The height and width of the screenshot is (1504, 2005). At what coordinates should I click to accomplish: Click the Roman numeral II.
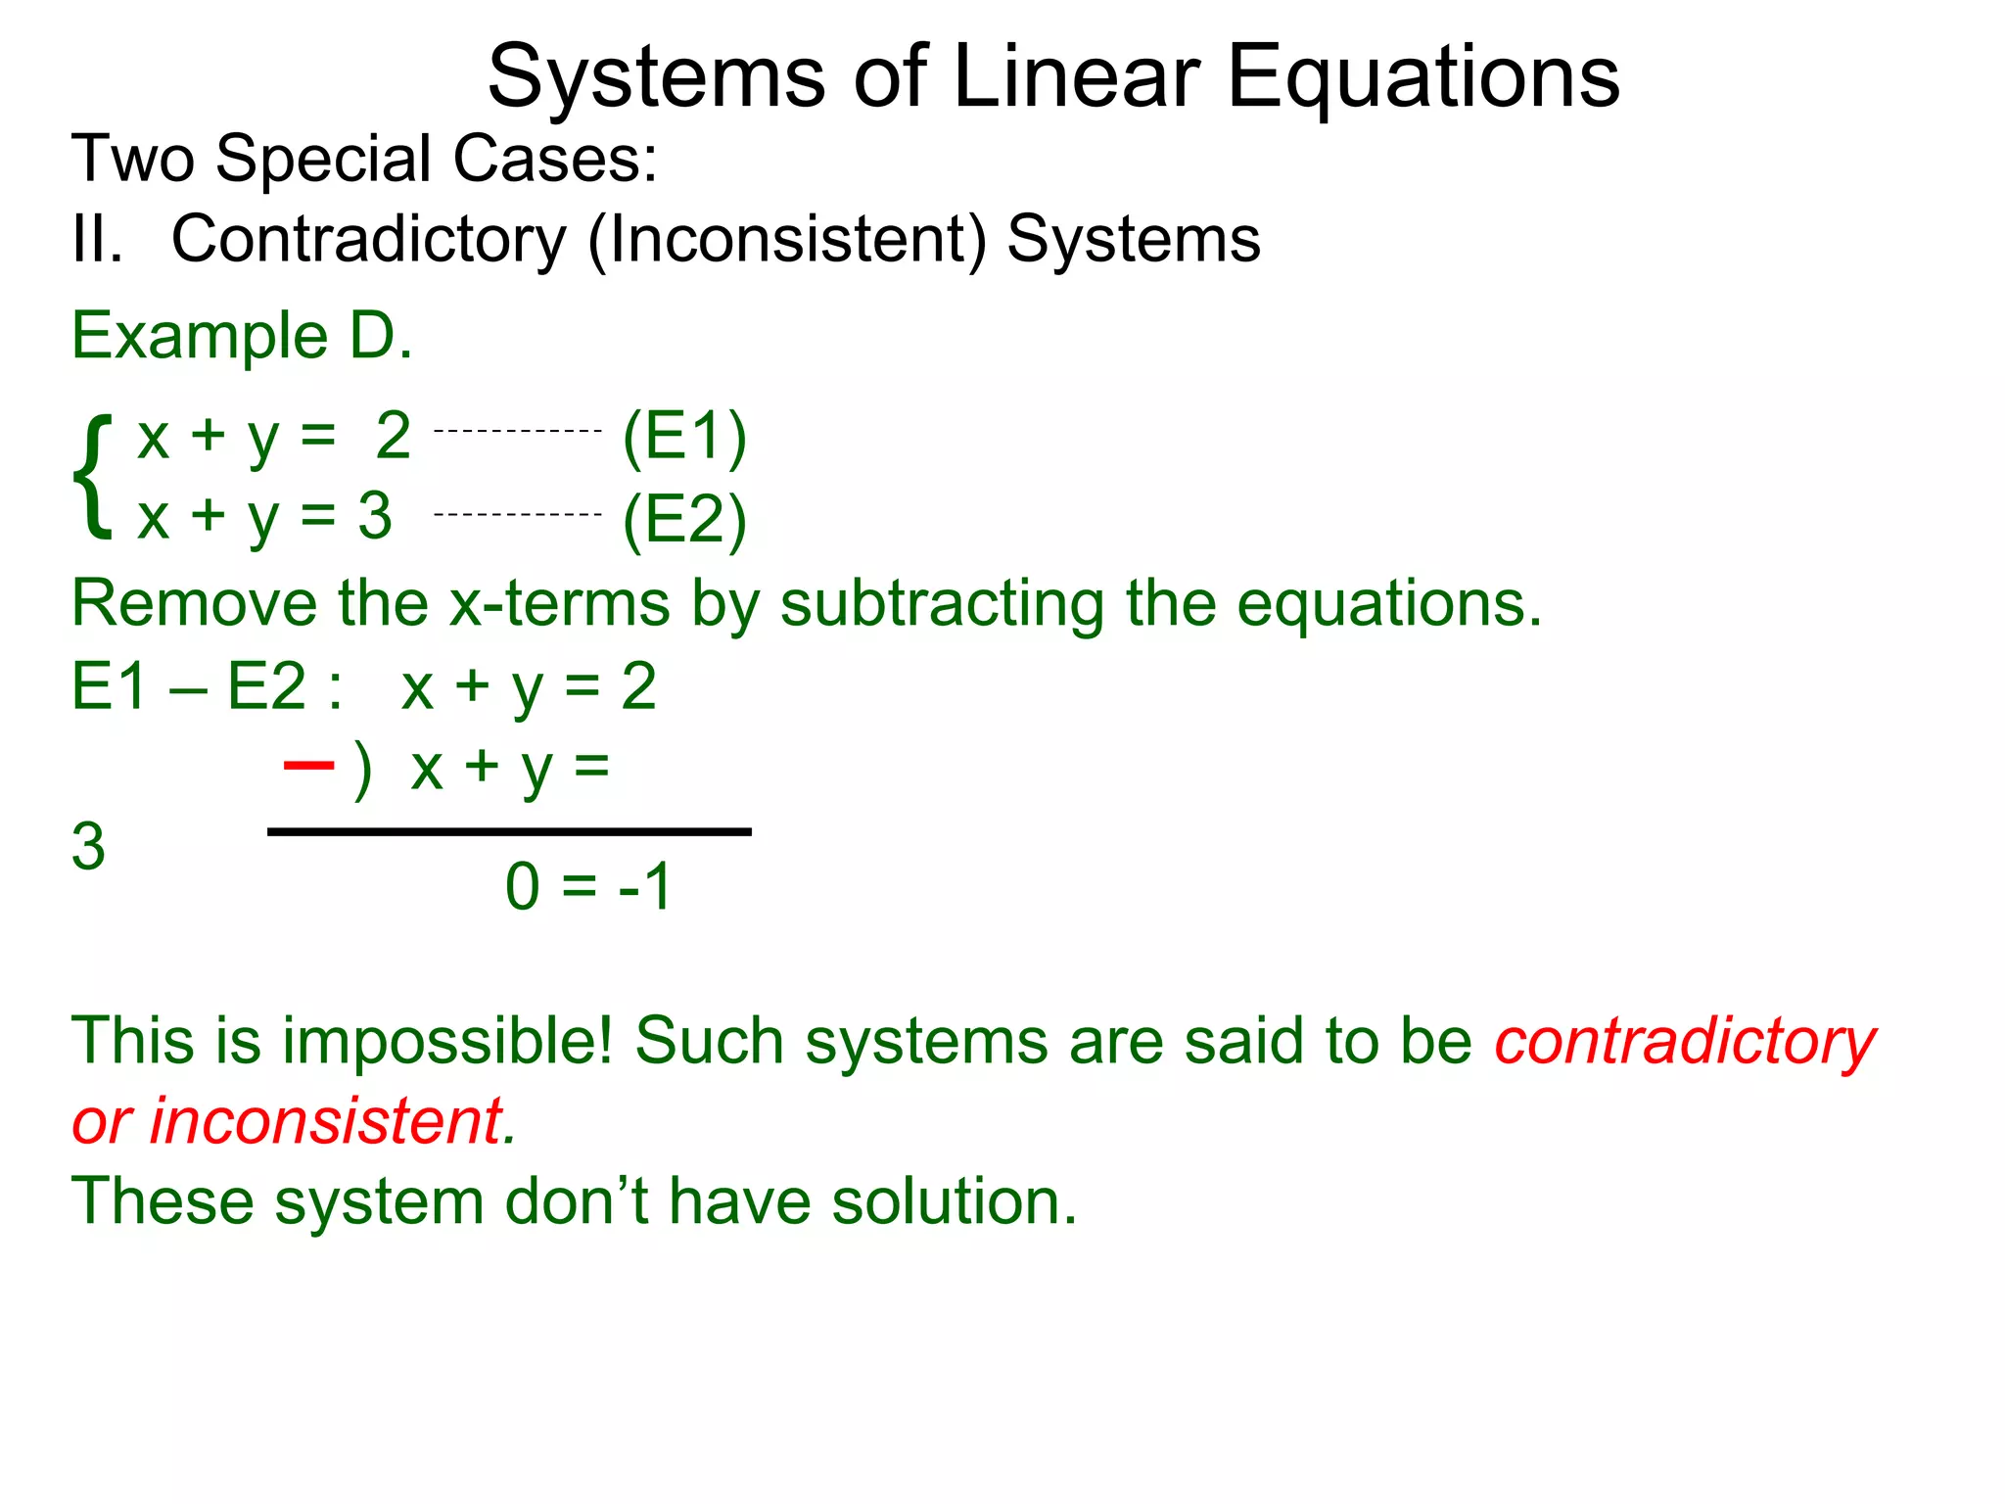[97, 239]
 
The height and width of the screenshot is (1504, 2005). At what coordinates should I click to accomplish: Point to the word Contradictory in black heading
[369, 239]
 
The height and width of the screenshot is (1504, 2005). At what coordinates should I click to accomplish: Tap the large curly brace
[93, 476]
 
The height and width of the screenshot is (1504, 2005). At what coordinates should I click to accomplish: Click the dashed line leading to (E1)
[517, 431]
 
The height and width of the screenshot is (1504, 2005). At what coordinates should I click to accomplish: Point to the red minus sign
[308, 763]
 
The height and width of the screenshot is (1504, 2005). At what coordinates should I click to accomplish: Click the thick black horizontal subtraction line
[509, 832]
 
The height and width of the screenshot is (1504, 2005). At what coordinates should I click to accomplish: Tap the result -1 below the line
[645, 887]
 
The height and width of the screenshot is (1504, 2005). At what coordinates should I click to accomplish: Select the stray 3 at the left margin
[88, 846]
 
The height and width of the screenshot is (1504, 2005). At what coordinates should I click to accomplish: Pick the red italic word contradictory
[1684, 1042]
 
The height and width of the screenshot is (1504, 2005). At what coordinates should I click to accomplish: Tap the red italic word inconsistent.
[326, 1121]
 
